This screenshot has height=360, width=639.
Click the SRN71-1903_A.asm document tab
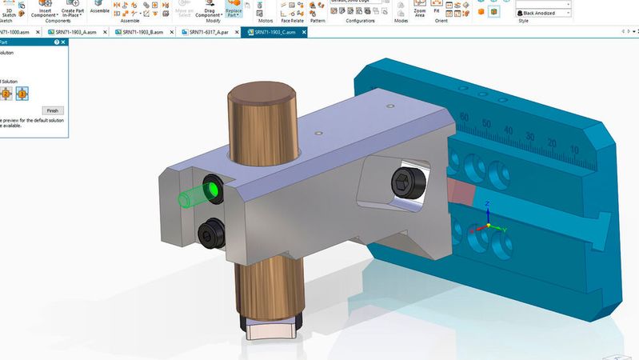pyautogui.click(x=80, y=32)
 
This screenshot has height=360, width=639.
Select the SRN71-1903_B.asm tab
pyautogui.click(x=144, y=32)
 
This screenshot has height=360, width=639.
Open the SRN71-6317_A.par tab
pyautogui.click(x=210, y=32)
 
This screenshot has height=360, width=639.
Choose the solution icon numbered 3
pyautogui.click(x=22, y=94)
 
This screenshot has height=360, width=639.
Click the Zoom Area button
pyautogui.click(x=420, y=10)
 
